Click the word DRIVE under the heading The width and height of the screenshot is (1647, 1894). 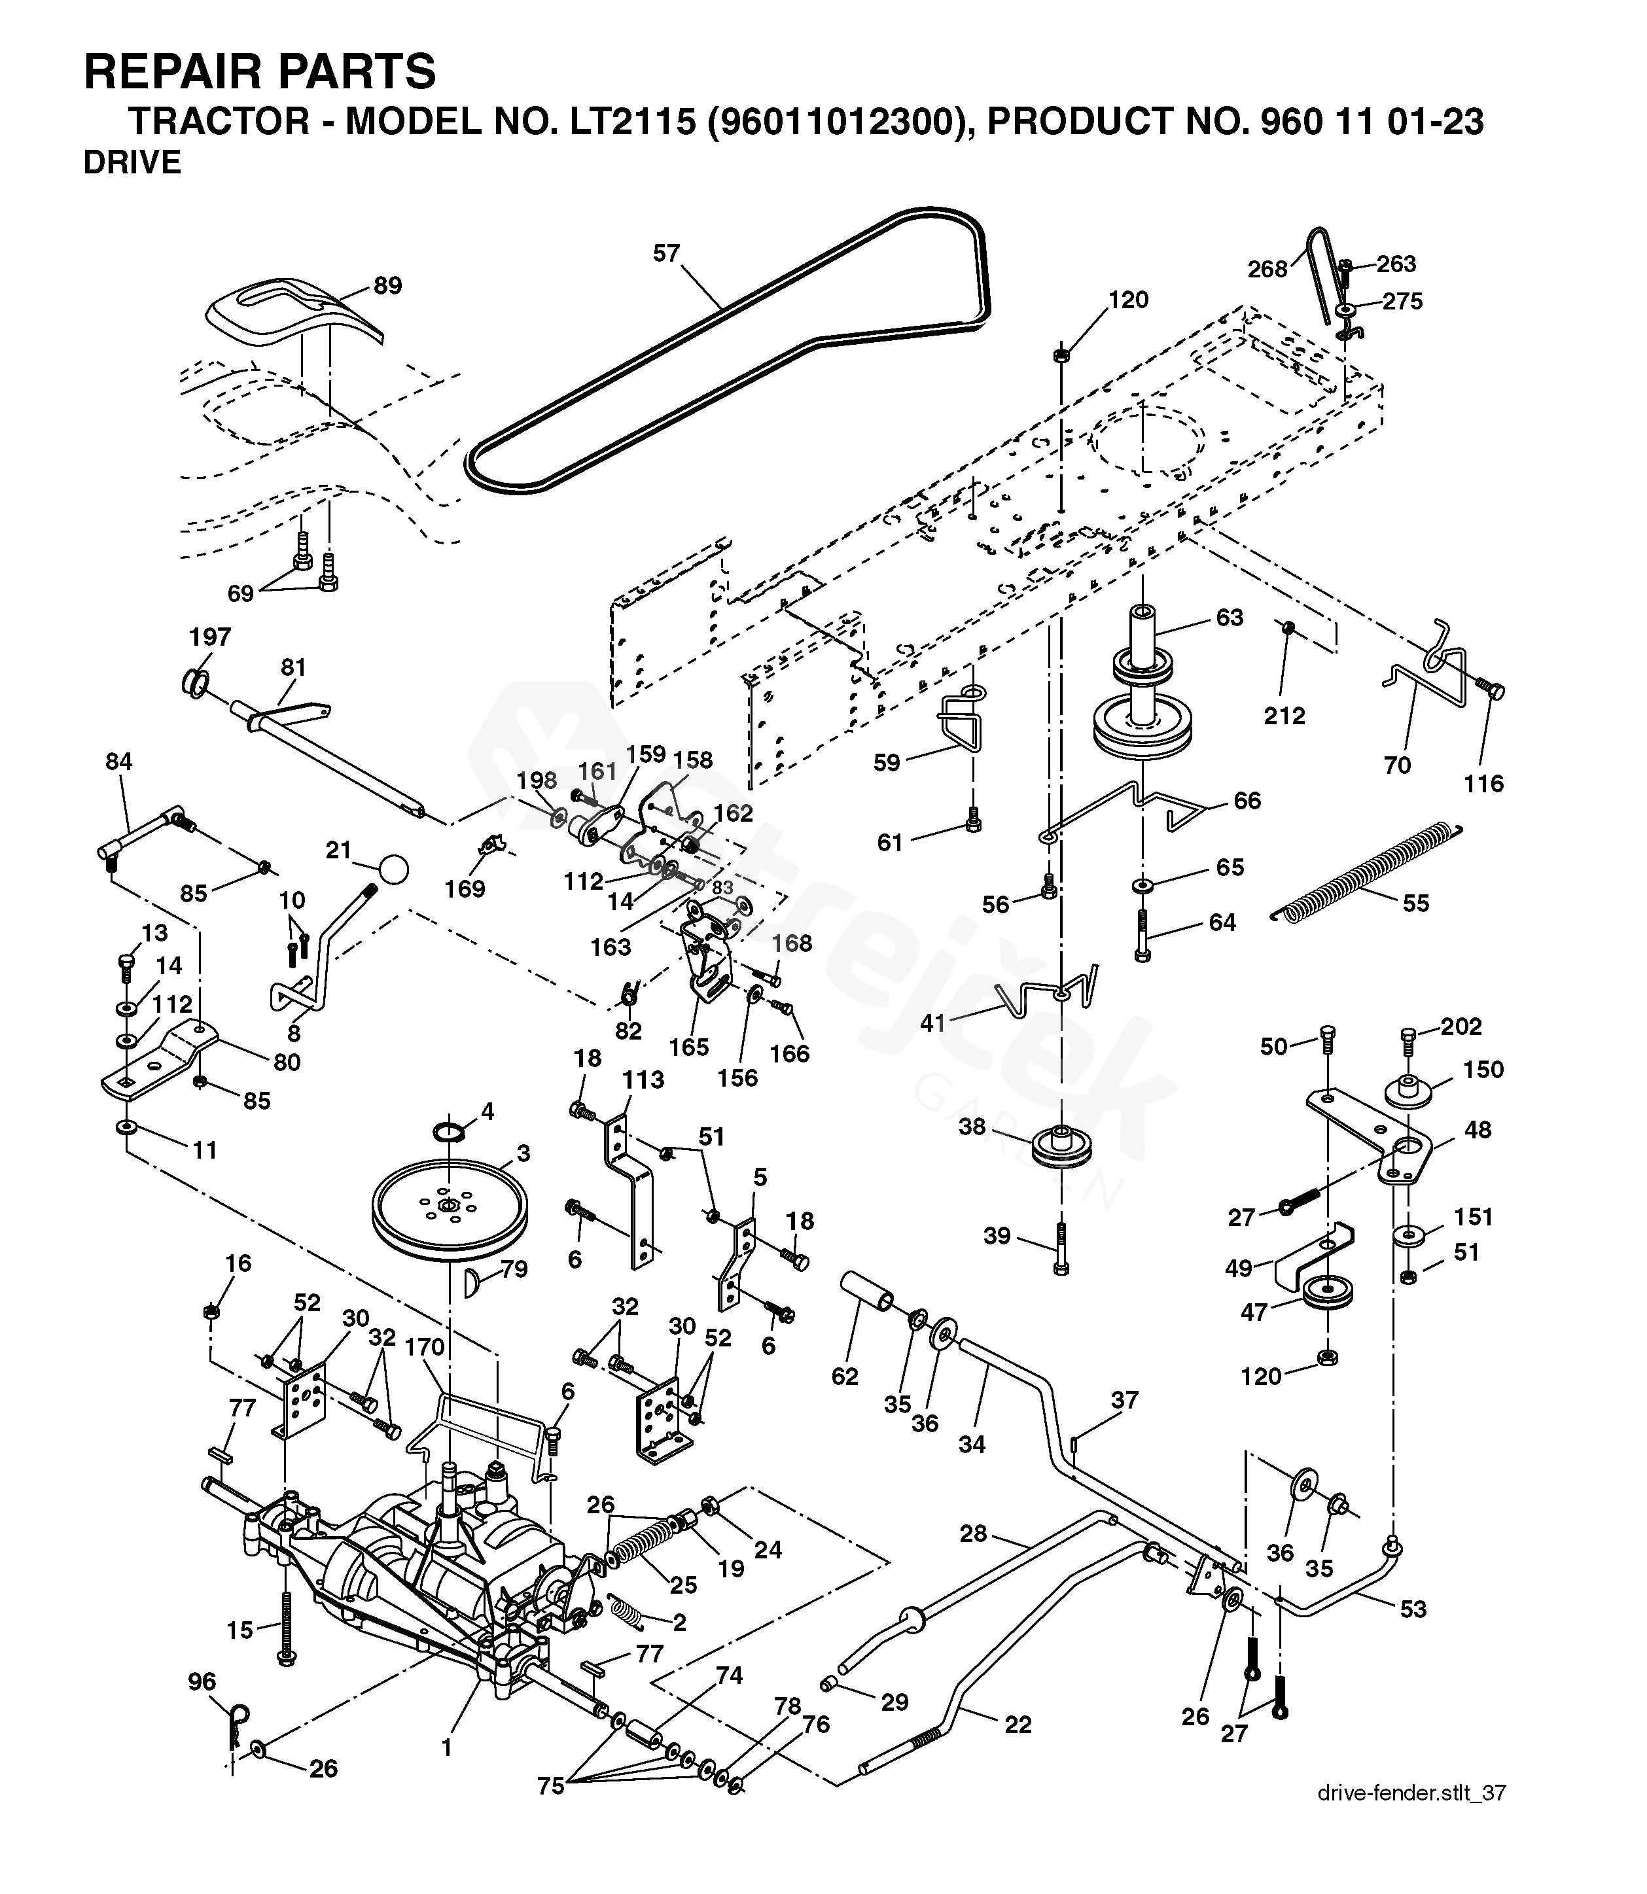[x=132, y=163]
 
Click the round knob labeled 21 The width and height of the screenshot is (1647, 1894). [x=393, y=868]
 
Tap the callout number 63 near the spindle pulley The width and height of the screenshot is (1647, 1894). [x=1229, y=617]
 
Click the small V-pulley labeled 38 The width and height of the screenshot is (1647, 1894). [x=1059, y=1145]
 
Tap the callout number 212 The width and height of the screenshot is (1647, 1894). [x=1284, y=715]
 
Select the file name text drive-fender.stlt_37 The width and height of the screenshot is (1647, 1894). [x=1411, y=1817]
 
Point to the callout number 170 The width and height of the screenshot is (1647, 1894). [x=424, y=1347]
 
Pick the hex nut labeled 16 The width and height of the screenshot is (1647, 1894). [x=211, y=1310]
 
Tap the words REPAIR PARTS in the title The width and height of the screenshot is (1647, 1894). [x=259, y=72]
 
